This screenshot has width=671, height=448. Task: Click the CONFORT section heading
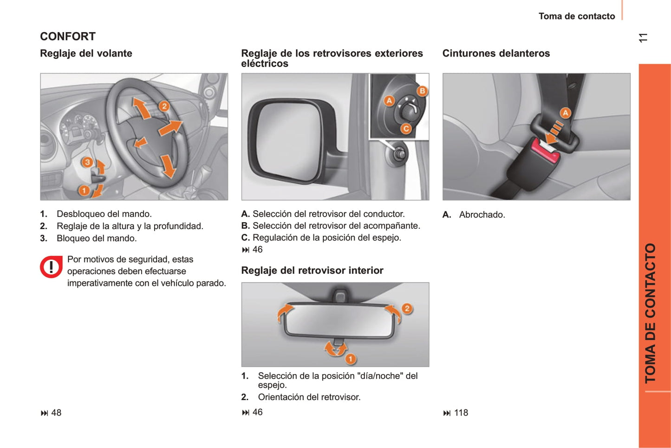tap(68, 36)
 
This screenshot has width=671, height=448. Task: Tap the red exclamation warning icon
tap(51, 267)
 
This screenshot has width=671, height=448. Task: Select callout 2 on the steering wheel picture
tap(164, 106)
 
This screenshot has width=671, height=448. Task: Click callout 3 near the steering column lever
tap(87, 162)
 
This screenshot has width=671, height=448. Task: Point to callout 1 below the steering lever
tap(84, 190)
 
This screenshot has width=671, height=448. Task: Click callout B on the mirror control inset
tap(422, 91)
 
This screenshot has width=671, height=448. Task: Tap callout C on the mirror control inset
tap(406, 129)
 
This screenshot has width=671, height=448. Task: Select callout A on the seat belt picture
tap(565, 113)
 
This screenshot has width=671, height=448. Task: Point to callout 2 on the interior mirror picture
tap(407, 308)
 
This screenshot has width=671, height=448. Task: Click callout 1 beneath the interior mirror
tap(351, 359)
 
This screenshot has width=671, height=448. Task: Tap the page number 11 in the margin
tap(643, 38)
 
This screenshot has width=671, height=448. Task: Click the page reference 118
tap(461, 413)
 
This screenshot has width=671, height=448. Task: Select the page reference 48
tap(56, 413)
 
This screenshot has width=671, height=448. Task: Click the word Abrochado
tap(482, 215)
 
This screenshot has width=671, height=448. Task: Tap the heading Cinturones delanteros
tap(496, 53)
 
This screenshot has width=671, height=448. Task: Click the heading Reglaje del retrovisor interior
tap(312, 270)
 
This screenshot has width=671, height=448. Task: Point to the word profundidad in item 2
tap(178, 226)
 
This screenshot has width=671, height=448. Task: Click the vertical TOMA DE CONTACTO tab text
tap(651, 313)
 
